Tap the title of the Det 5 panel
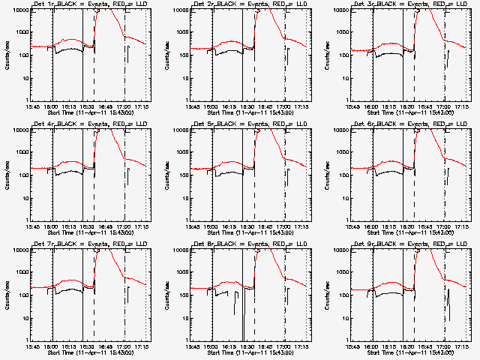point(248,124)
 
